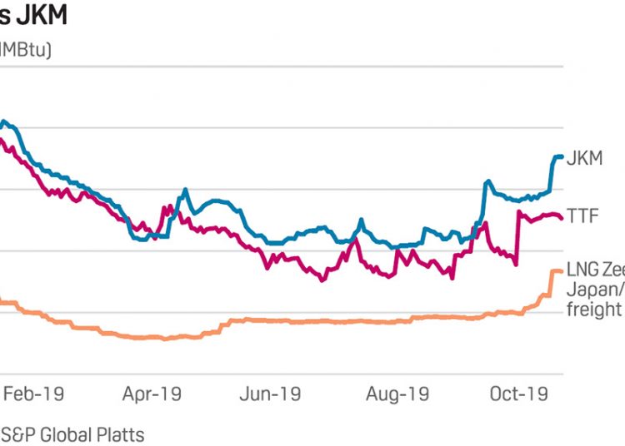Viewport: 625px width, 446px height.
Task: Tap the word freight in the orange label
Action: [x=594, y=310]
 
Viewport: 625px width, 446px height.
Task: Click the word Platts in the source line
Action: [x=123, y=434]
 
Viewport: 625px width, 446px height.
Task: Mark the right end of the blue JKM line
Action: [x=562, y=156]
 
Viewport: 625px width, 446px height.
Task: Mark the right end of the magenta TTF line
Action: [x=561, y=218]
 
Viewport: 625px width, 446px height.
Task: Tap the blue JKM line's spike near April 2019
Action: [x=183, y=191]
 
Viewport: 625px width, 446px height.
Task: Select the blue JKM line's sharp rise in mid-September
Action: [x=482, y=200]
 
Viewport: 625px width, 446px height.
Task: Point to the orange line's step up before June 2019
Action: [x=223, y=326]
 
